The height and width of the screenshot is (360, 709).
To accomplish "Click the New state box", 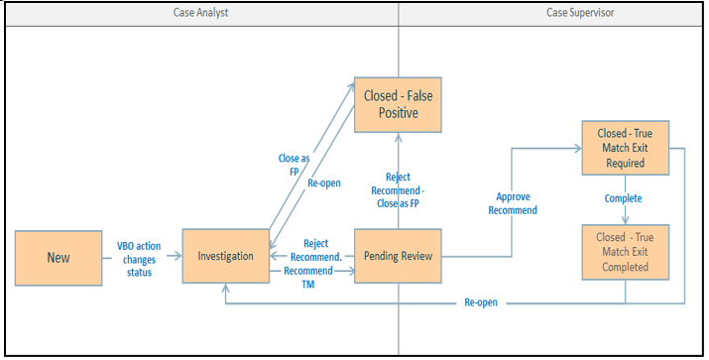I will coord(59,257).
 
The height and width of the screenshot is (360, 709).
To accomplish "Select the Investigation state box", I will coord(225,256).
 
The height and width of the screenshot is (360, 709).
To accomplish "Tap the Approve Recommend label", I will coord(514,203).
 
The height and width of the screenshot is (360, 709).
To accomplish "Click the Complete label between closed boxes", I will coord(624,198).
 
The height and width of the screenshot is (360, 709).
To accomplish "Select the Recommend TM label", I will coord(308,276).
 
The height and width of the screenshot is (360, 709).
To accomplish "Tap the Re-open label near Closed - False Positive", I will coord(326,183).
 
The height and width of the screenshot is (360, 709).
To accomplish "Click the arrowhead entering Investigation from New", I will coord(177,256).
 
